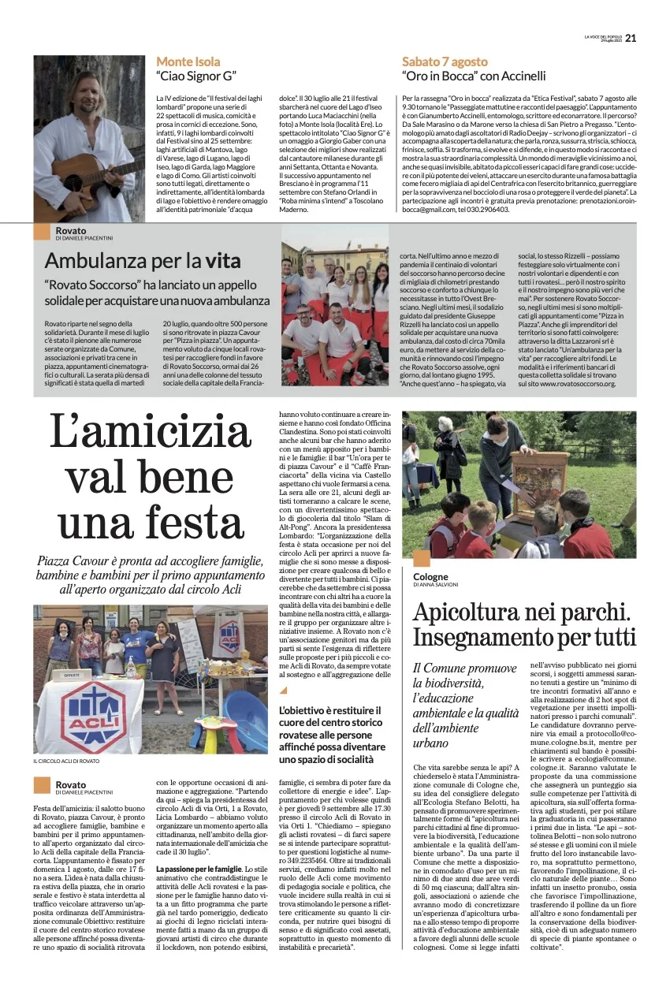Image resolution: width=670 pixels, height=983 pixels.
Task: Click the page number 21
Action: click(630, 38)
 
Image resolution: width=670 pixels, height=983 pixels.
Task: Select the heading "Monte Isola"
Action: click(188, 61)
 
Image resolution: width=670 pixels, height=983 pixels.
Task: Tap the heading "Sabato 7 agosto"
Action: click(445, 61)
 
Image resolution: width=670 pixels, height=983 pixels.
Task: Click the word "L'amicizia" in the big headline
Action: click(149, 431)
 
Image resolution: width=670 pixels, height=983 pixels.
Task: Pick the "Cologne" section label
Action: click(430, 576)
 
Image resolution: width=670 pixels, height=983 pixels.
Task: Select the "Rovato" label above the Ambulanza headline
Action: click(72, 230)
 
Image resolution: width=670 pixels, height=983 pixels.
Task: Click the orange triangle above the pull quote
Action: click(284, 691)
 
